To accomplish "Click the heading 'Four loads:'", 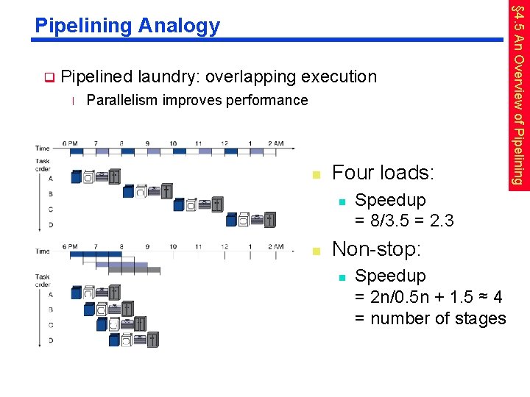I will (383, 174).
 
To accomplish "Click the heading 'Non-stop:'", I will (377, 249).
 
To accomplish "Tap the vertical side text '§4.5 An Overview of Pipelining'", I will (518, 96).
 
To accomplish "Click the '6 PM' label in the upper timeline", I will (71, 143).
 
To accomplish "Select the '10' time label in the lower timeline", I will (173, 247).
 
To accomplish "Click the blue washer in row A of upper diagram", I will (77, 176).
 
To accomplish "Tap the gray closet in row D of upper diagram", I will (271, 219).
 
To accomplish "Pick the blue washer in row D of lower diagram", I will (114, 340).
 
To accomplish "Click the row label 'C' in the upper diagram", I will (50, 208).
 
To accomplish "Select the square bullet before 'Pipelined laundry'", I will (49, 76).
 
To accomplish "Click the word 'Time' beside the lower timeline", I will (43, 251).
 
